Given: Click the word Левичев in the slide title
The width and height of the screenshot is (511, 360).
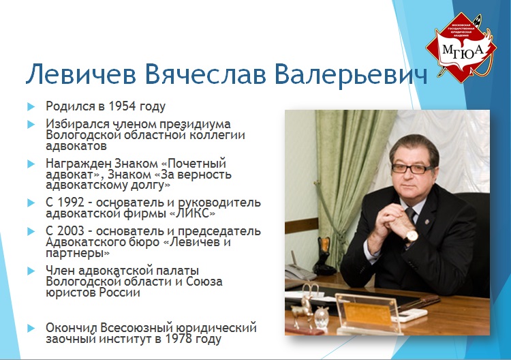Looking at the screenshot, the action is point(81,74).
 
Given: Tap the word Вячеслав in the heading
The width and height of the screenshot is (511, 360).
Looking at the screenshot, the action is point(205,74).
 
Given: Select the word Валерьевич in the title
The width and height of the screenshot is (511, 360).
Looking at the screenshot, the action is point(351,74).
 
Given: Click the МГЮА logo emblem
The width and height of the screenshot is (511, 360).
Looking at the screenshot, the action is point(461,48).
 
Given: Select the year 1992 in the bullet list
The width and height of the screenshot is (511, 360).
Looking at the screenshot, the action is point(71,202).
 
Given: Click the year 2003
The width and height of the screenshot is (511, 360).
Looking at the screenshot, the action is point(71,231).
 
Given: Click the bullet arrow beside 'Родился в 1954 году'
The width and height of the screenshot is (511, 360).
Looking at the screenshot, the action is point(31,106).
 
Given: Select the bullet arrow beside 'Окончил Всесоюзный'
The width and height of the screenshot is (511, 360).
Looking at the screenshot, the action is point(31,328).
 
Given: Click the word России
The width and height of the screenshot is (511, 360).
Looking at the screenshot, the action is point(120,292).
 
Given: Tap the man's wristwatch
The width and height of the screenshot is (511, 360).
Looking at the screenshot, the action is point(412,235).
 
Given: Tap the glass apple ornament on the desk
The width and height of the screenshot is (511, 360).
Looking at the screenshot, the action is point(322,318).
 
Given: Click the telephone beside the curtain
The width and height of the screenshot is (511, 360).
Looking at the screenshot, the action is point(300,271).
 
